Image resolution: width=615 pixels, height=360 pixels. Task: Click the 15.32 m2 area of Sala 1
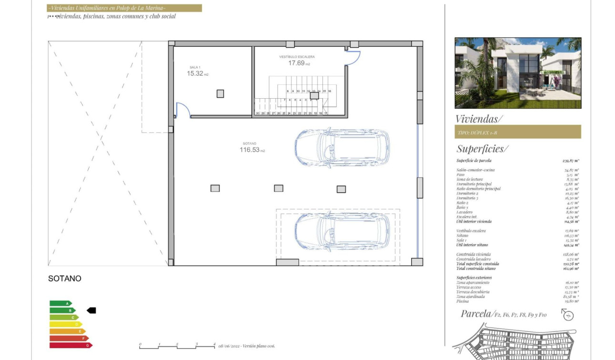[197, 74]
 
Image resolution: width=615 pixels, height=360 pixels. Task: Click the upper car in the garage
[342, 146]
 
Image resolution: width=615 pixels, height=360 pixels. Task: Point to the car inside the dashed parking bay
[342, 231]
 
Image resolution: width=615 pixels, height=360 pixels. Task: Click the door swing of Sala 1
[183, 109]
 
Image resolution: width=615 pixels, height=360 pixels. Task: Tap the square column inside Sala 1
[220, 94]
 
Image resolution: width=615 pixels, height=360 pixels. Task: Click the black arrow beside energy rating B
[92, 310]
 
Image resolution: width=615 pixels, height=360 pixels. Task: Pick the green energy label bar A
[60, 303]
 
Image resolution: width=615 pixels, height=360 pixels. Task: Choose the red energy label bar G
[71, 345]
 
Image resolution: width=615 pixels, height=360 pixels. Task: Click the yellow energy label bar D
[65, 324]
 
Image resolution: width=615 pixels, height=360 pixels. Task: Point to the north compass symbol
[567, 315]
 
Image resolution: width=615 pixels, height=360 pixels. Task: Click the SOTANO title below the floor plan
[65, 278]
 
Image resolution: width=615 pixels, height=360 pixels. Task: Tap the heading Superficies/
[482, 149]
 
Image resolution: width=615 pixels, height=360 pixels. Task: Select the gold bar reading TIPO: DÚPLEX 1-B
[518, 132]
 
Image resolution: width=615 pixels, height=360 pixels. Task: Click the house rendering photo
[518, 73]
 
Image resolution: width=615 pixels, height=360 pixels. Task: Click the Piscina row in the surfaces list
[517, 301]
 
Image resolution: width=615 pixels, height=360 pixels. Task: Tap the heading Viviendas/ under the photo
[479, 119]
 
